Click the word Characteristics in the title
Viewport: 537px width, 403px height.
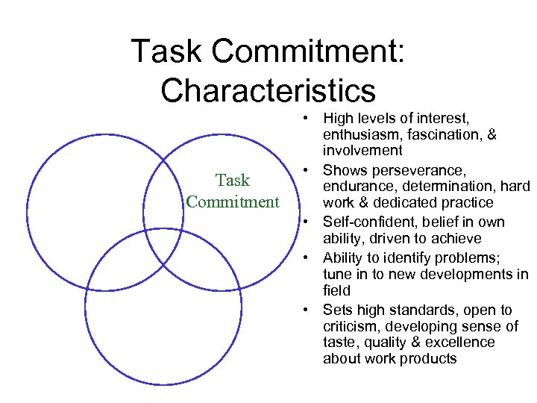click(x=268, y=90)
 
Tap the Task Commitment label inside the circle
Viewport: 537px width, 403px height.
click(x=232, y=191)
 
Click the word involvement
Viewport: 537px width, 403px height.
click(x=362, y=151)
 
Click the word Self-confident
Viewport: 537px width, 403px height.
click(x=362, y=222)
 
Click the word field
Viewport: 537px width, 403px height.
click(x=336, y=290)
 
